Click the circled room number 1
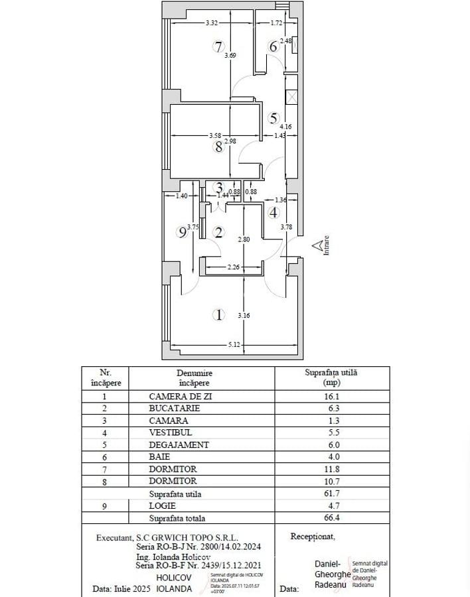(220, 315)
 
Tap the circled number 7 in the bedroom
(218, 46)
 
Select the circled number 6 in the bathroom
(273, 46)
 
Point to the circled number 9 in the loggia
(182, 232)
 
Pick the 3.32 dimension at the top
(212, 23)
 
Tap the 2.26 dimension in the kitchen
(233, 268)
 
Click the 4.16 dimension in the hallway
(286, 126)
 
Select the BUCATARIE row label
(175, 409)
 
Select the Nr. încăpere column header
(105, 377)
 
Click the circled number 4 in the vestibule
(274, 212)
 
